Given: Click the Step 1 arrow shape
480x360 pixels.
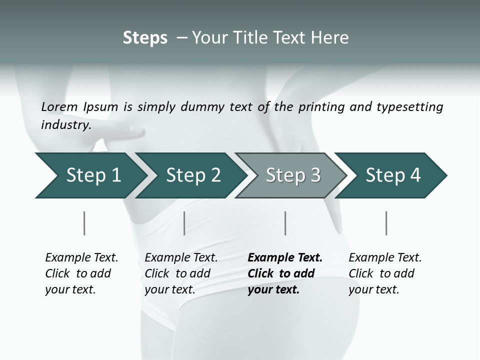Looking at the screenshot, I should click(x=87, y=175).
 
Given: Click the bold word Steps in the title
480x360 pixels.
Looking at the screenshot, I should click(x=145, y=38).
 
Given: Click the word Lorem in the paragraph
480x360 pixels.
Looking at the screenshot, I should click(x=59, y=106).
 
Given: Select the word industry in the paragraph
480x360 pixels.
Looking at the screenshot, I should click(x=65, y=124).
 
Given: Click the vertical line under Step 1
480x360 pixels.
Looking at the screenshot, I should click(x=84, y=223).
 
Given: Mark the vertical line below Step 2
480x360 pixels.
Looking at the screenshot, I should click(x=184, y=223).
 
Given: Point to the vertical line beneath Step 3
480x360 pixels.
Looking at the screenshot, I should click(x=285, y=223).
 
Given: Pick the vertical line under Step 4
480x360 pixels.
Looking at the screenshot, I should click(x=386, y=223).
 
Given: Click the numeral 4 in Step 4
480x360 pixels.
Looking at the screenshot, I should click(x=414, y=175).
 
